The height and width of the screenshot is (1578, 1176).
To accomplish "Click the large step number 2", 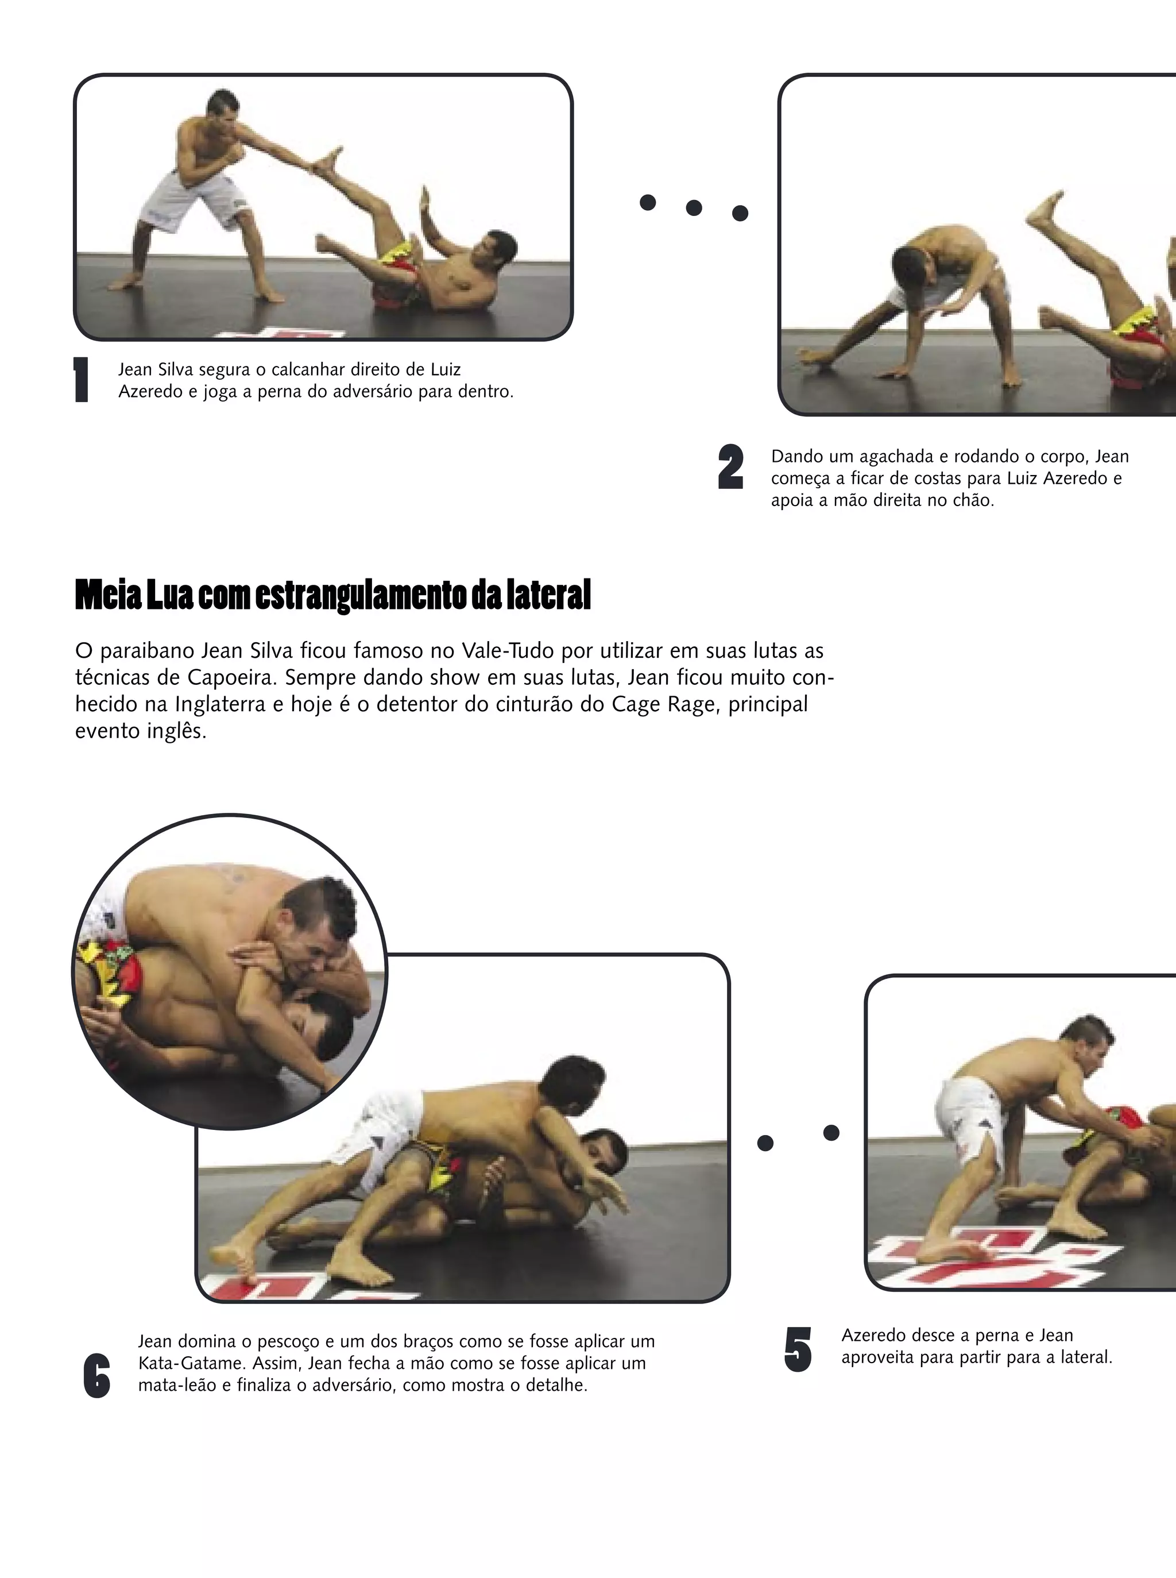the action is tap(731, 467).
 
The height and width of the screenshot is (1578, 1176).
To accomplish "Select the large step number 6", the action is tap(97, 1375).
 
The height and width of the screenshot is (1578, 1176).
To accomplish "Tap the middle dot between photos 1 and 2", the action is tap(694, 208).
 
